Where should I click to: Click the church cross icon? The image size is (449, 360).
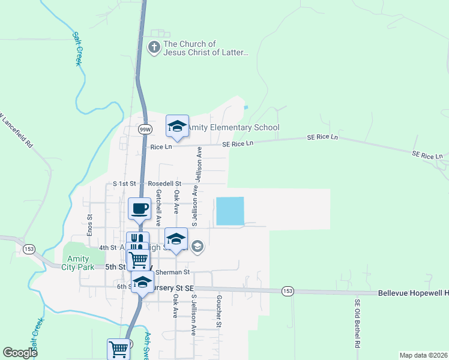[x=154, y=48]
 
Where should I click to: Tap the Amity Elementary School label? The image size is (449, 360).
[x=234, y=127]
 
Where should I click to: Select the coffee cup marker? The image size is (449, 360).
[x=139, y=209]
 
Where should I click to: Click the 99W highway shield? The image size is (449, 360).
[x=145, y=129]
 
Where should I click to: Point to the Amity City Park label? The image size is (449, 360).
[x=78, y=262]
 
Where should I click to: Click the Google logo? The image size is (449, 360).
[x=20, y=353]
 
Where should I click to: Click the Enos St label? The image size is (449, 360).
[x=89, y=226]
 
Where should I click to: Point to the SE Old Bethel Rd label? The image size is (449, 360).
[x=357, y=324]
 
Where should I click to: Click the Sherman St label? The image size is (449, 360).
[x=172, y=272]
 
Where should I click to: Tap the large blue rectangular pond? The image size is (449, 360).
[x=230, y=211]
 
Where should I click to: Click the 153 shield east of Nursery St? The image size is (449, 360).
[x=287, y=291]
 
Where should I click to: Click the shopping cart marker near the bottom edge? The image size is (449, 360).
[x=118, y=349]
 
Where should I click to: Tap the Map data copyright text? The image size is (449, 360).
[x=423, y=355]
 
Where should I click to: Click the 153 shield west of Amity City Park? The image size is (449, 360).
[x=28, y=248]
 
